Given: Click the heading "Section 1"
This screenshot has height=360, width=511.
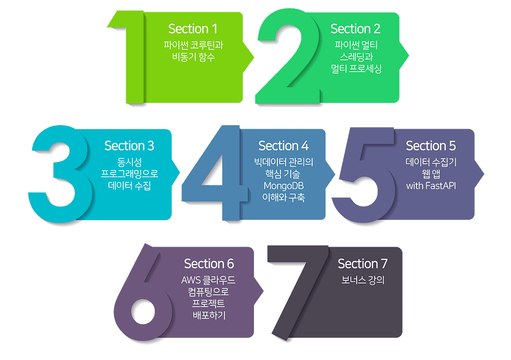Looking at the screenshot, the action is point(193,29).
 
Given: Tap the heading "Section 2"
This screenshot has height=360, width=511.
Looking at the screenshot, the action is point(356,29).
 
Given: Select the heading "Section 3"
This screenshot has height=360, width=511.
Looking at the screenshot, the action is point(129,146).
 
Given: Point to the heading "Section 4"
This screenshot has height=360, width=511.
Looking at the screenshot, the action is point(283,146).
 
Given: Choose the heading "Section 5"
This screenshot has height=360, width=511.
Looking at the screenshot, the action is point(431,146).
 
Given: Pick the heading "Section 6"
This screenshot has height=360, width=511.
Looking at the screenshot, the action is point(209,263).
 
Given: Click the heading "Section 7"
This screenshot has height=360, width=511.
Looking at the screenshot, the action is point(363,263).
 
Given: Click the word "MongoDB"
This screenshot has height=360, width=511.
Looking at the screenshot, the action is point(284,186).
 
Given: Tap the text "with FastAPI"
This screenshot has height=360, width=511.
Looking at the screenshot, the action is point(431,186).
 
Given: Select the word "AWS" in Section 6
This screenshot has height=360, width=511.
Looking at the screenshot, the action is point(191,280).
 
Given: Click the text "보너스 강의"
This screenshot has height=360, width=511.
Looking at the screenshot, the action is point(363,280).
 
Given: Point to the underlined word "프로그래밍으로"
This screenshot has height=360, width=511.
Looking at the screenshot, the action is point(129,173).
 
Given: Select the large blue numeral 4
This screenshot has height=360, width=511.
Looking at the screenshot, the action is point(228,182).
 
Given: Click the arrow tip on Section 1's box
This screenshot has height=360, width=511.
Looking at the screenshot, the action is point(253,57).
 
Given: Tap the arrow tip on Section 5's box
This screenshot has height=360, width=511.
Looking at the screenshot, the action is point(483,174).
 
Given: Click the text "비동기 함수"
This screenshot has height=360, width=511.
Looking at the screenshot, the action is point(193,57).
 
